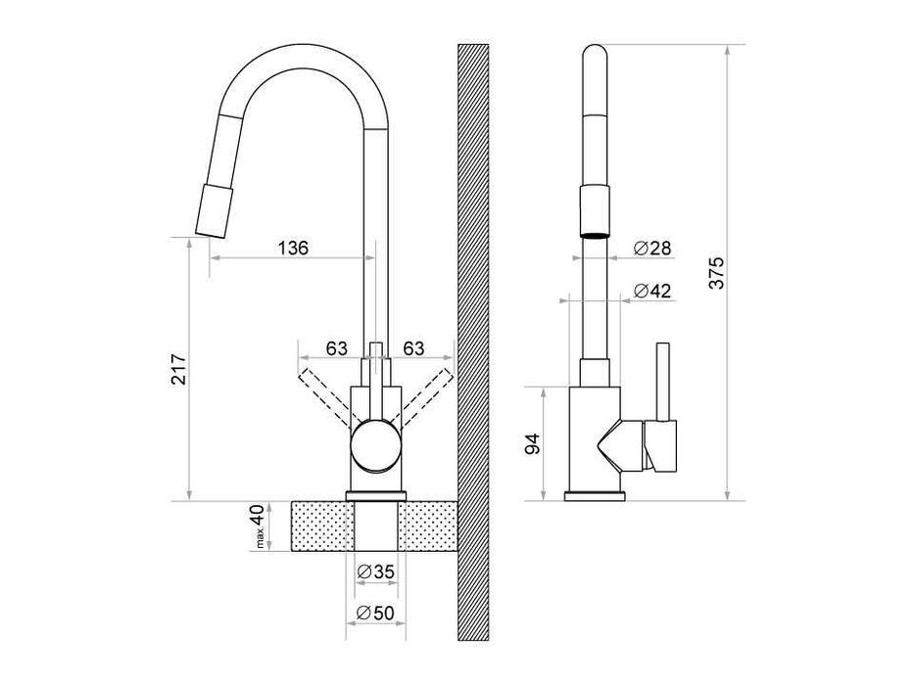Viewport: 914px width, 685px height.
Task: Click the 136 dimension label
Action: point(292,249)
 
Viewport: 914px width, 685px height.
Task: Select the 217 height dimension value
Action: point(179,369)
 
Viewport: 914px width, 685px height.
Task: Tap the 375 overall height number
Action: point(717,273)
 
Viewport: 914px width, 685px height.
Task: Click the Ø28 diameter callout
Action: point(652,249)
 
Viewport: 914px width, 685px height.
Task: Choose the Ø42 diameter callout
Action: point(652,291)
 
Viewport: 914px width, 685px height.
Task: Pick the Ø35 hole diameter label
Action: point(375,571)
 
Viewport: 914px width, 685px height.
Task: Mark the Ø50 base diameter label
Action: point(375,613)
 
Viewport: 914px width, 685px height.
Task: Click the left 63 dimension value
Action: point(336,348)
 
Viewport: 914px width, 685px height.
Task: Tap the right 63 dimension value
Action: point(413,348)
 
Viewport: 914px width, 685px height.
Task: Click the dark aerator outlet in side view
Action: point(595,235)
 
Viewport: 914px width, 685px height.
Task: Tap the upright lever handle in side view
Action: point(663,381)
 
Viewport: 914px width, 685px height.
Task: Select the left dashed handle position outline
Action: point(327,397)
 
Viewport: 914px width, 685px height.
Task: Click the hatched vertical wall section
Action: point(473,342)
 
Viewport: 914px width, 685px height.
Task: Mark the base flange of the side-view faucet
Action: point(595,496)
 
